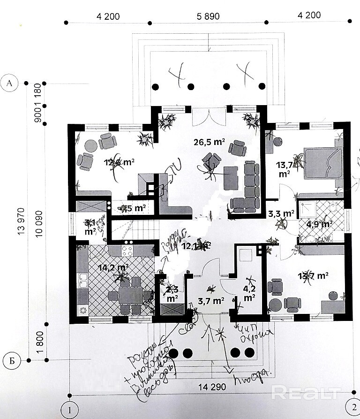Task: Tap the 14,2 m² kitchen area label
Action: click(114, 268)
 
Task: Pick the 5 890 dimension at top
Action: click(208, 16)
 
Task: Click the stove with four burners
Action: click(127, 250)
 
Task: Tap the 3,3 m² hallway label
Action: click(281, 214)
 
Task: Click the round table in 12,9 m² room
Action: click(89, 146)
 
